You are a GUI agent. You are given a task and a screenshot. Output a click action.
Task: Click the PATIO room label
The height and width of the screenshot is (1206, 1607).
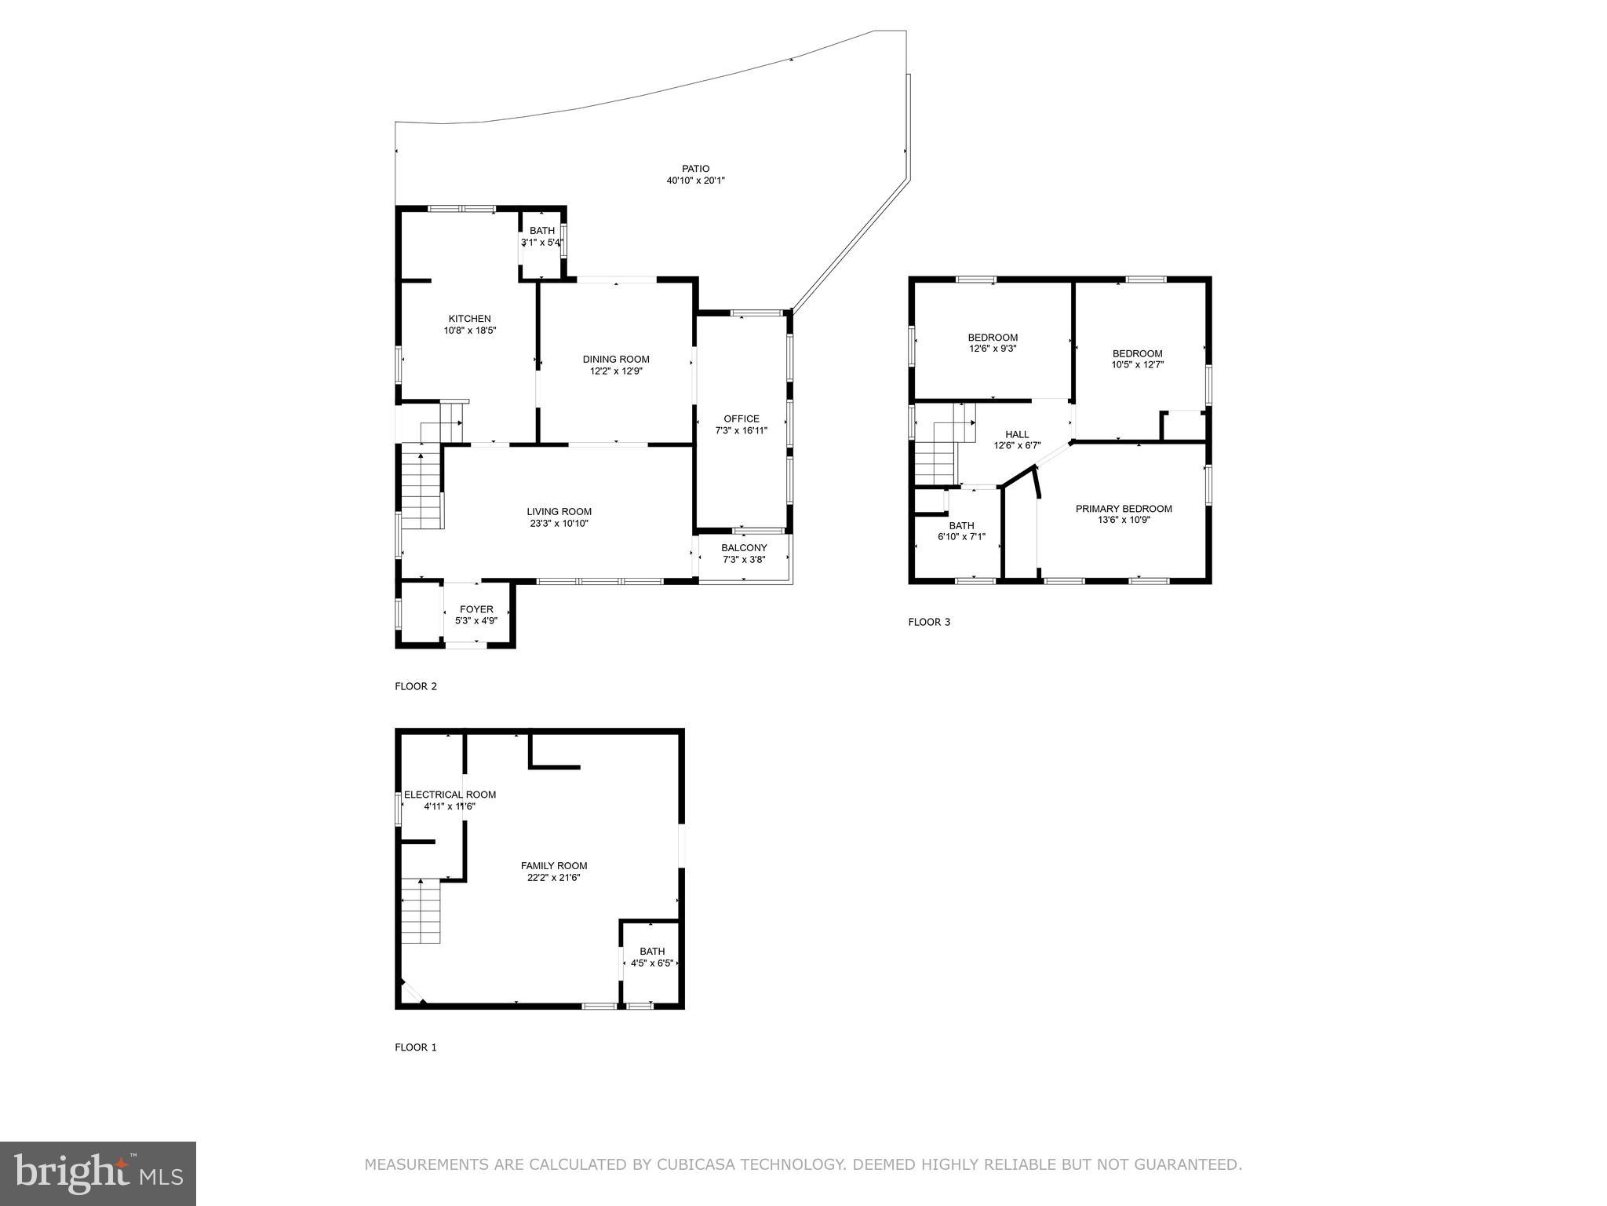coord(695,169)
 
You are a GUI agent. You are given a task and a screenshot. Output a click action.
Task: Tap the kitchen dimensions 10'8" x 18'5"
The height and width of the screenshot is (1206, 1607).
coord(469,331)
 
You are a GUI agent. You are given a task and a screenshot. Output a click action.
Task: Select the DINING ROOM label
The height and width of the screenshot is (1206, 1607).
coord(616,360)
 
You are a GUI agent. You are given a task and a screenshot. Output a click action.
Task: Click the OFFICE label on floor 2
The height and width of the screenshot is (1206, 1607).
coord(741,418)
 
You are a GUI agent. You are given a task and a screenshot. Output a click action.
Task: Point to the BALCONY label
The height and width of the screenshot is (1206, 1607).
coord(744,548)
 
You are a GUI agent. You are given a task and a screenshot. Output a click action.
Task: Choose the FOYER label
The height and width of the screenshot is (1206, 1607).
coord(476,609)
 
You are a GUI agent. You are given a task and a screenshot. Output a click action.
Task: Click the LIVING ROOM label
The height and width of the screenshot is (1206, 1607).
coord(559,512)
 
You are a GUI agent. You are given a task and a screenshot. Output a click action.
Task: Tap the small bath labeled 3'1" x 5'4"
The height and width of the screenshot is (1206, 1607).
coord(541,237)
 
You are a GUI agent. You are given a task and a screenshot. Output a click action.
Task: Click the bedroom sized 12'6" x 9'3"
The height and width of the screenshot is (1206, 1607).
coord(993,343)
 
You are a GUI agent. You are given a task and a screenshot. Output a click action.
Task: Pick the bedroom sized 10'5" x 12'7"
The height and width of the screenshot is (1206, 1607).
coord(1137,359)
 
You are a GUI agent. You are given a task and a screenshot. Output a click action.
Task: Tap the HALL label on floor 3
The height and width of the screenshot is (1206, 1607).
coord(1017,434)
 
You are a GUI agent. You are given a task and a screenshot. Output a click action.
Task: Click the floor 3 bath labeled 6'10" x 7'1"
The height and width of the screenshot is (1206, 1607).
coord(961,532)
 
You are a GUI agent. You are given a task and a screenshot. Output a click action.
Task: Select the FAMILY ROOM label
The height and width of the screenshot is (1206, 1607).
coord(554,866)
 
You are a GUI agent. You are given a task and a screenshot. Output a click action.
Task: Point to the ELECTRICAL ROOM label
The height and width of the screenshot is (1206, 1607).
coord(450,795)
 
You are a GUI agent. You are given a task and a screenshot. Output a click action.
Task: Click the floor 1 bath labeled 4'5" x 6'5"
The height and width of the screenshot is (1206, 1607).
coord(651,957)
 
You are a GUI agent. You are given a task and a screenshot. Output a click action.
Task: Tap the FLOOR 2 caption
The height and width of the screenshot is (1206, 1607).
coord(415,686)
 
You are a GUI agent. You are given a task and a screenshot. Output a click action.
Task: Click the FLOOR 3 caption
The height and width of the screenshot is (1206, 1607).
coord(929,622)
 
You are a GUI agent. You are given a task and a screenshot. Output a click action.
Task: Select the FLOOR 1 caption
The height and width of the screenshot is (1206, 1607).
coord(415,1047)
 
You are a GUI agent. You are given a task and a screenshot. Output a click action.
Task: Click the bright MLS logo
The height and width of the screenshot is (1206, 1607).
coord(98,1173)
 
